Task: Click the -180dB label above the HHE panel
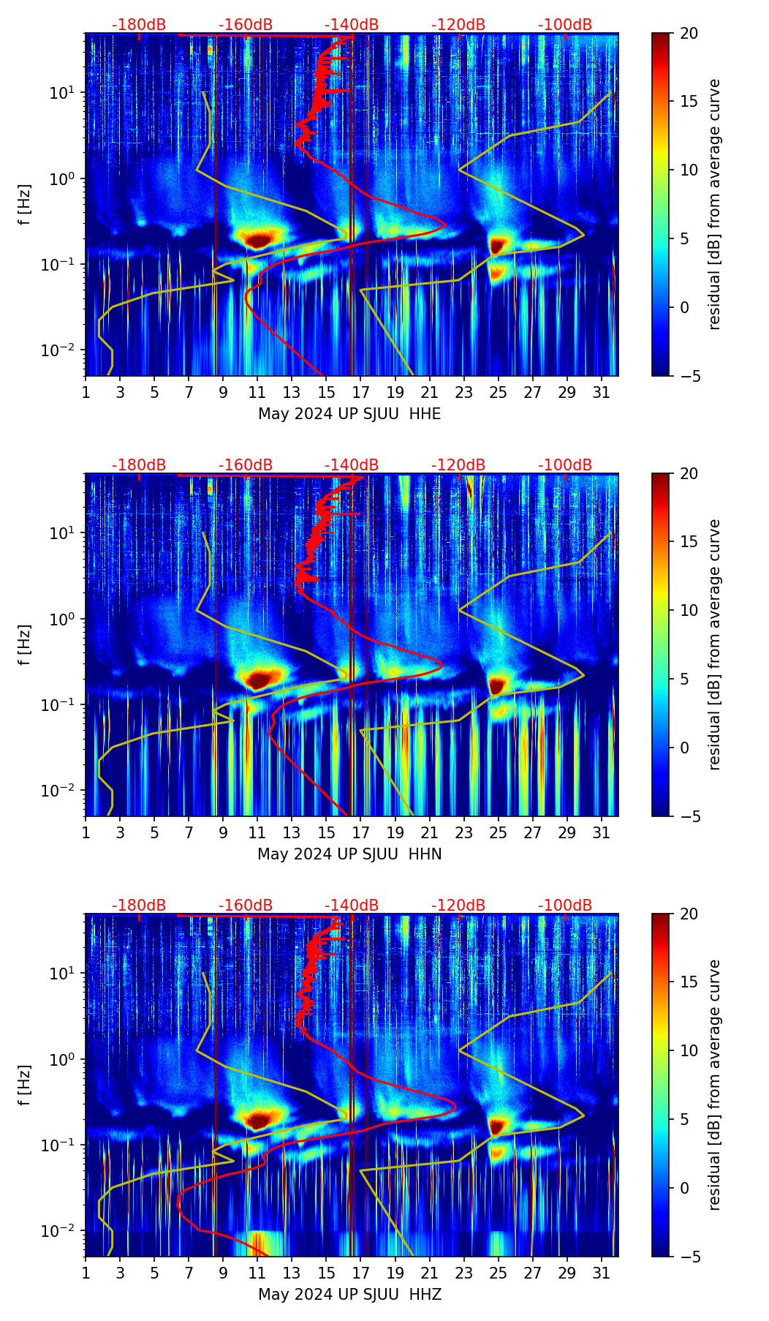139,25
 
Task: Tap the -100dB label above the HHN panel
565,465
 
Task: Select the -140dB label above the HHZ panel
352,906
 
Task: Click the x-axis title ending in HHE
349,414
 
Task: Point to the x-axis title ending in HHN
349,854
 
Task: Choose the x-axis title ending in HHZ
349,1295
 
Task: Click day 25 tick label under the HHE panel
499,393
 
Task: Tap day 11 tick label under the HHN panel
257,833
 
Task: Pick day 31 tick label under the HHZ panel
602,1273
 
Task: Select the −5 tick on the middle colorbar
686,816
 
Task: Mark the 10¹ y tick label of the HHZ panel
63,974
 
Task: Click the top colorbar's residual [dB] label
714,205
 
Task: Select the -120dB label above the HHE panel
458,25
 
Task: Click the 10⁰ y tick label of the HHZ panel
63,1060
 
